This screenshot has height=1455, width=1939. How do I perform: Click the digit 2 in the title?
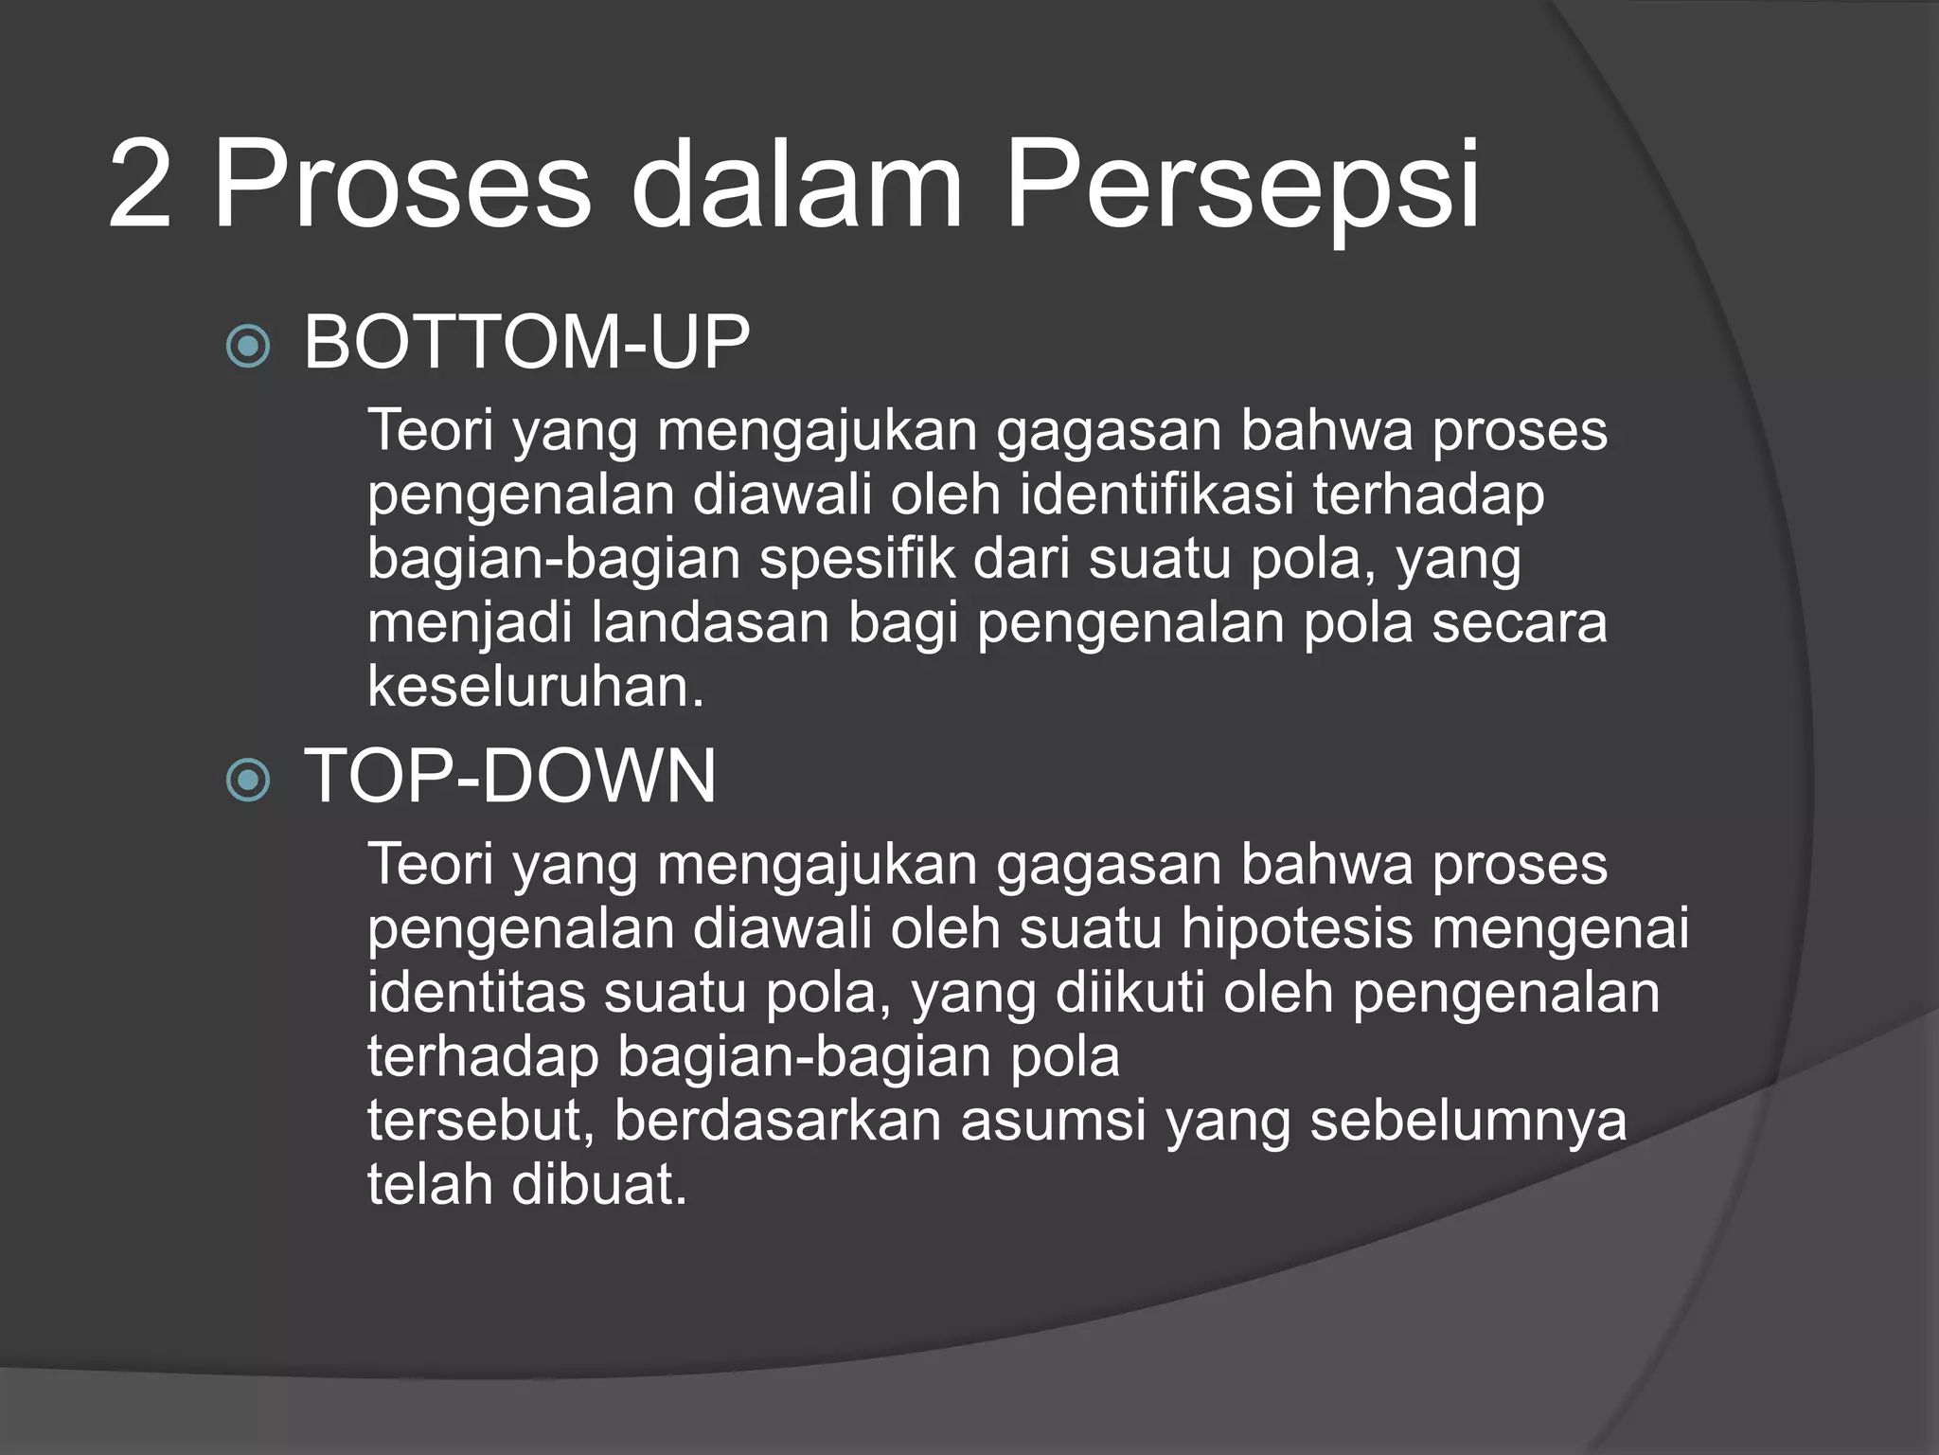click(140, 186)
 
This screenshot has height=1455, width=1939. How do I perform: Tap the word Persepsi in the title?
click(1241, 186)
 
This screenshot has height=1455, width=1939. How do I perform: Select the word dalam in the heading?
click(795, 186)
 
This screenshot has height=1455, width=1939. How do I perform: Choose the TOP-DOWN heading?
click(509, 777)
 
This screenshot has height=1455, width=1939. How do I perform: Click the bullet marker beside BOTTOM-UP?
click(249, 346)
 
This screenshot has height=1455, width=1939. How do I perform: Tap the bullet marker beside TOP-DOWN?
click(249, 781)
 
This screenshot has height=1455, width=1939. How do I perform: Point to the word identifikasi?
click(1156, 495)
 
